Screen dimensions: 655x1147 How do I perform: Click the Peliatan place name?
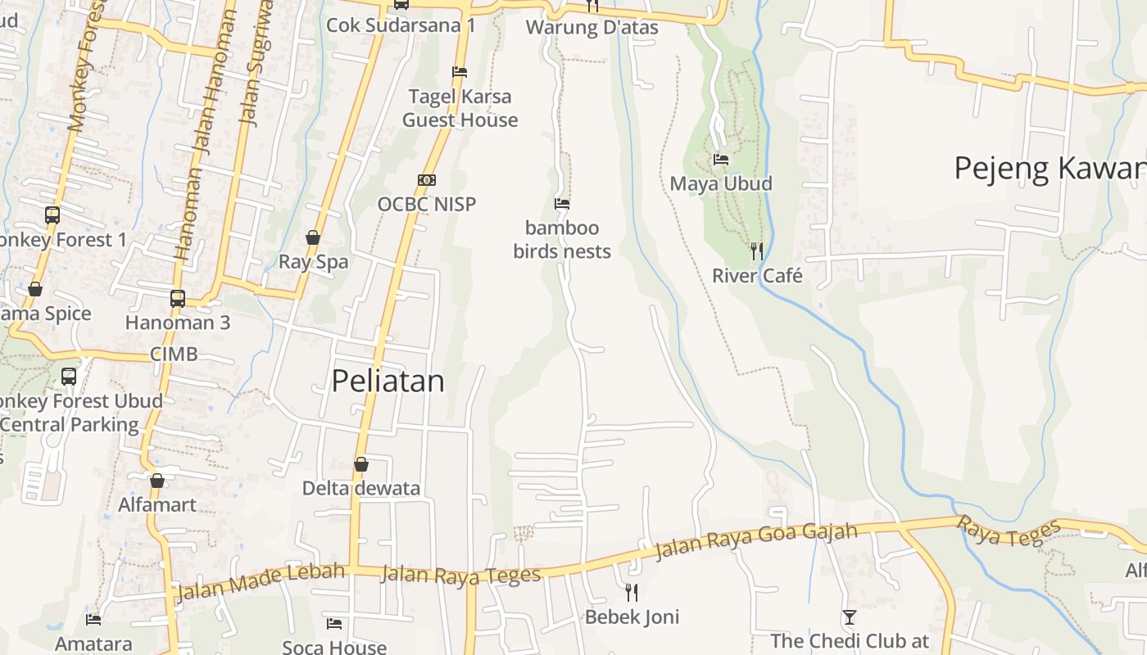tap(388, 381)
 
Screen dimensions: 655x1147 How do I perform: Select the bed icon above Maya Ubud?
tap(721, 159)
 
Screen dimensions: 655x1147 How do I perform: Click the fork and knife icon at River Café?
tap(756, 251)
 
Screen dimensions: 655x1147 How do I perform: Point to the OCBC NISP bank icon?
tap(426, 180)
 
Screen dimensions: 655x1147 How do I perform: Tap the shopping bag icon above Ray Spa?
tap(313, 237)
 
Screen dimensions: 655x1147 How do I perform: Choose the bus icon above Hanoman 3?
tap(178, 298)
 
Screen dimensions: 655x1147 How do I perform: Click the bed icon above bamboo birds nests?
tap(562, 203)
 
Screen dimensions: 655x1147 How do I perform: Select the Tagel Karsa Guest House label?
tap(460, 108)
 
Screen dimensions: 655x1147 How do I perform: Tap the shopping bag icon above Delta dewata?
tap(360, 464)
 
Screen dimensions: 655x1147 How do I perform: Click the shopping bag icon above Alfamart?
tap(157, 480)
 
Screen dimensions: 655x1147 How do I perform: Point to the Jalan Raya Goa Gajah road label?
tap(755, 541)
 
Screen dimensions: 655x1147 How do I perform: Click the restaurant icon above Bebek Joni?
tap(632, 592)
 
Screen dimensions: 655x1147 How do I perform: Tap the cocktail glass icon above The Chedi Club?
tap(850, 617)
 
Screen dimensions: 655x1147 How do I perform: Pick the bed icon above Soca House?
tap(334, 623)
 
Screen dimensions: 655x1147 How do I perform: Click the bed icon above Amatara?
tap(93, 619)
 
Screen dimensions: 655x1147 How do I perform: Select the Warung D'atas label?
tap(592, 27)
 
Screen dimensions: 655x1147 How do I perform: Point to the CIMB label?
tap(174, 354)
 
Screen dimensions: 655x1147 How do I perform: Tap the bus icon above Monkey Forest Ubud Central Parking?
tap(69, 377)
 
